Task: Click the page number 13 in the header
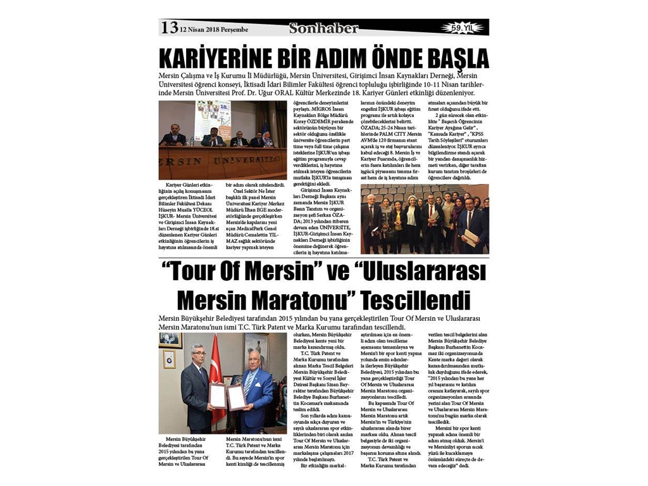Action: click(169, 27)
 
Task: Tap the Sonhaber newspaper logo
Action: click(323, 28)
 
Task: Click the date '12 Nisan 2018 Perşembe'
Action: click(213, 29)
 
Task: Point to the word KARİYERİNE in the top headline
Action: click(216, 58)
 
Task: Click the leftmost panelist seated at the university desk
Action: click(173, 136)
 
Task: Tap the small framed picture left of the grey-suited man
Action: click(169, 359)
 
